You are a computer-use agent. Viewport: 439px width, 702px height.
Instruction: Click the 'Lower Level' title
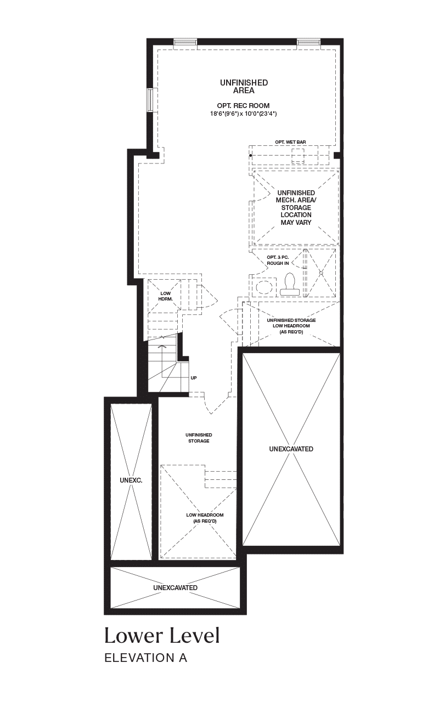(162, 635)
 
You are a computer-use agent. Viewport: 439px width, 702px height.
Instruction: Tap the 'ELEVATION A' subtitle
(146, 658)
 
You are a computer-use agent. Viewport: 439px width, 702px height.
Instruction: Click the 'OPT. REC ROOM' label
(243, 106)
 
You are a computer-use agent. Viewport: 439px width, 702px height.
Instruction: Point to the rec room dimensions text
(243, 114)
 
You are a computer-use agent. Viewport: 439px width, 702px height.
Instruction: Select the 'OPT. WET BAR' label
(290, 142)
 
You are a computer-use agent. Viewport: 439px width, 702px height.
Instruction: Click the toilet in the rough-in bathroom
(289, 284)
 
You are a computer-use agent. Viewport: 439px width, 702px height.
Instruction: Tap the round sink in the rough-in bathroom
(264, 287)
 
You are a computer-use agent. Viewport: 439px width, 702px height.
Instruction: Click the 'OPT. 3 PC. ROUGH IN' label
(278, 261)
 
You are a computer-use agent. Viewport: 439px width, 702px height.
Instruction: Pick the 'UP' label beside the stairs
(194, 378)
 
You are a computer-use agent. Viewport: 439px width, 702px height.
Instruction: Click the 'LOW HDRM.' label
(166, 296)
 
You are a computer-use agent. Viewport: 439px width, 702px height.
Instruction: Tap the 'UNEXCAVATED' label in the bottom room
(175, 588)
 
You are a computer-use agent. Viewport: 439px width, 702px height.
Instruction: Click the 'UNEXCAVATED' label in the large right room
(291, 449)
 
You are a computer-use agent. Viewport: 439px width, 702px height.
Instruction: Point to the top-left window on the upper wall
(185, 43)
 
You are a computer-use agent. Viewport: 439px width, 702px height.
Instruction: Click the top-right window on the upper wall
(309, 43)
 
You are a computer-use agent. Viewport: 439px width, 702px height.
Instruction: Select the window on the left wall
(152, 99)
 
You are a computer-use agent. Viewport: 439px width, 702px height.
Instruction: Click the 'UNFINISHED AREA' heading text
(244, 87)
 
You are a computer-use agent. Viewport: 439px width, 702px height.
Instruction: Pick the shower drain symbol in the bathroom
(321, 273)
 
